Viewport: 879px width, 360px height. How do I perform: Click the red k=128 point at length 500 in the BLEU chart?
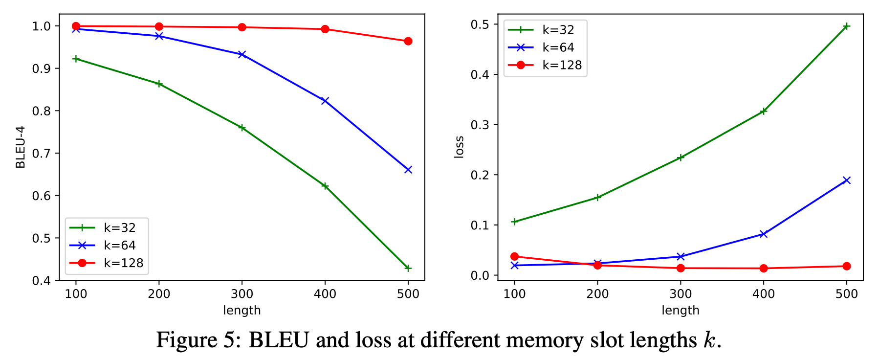coord(408,41)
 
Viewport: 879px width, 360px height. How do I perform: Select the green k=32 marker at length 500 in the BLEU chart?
coord(408,268)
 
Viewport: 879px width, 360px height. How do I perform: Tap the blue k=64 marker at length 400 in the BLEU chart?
coord(325,101)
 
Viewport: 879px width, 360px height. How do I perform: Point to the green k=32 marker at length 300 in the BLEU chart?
coord(242,128)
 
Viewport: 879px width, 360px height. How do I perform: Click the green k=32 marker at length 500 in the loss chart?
coord(847,26)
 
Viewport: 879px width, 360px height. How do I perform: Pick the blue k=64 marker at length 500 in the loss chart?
coord(847,180)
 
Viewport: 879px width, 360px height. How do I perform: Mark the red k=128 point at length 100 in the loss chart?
coord(514,256)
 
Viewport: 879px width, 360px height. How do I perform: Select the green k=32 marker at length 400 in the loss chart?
coord(764,112)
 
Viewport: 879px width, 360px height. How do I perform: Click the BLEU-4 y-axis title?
coord(21,147)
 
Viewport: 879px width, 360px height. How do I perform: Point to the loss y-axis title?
coord(459,147)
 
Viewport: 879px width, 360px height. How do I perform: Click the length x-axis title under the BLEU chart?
coord(242,310)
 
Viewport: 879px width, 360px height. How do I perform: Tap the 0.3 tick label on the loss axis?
coord(480,125)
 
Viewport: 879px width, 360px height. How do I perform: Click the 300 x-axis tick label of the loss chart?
coord(681,294)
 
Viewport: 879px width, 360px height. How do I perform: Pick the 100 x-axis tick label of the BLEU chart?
coord(76,294)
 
